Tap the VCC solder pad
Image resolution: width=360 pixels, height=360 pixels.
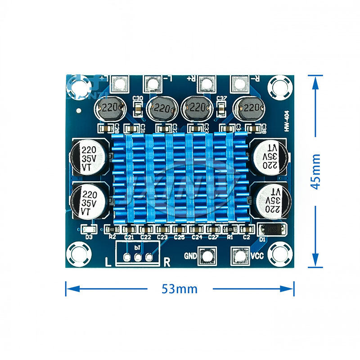point(239,256)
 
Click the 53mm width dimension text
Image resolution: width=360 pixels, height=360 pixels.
point(180,289)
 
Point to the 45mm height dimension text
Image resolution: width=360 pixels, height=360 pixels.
point(316,171)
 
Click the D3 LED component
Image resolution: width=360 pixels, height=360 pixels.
point(89,229)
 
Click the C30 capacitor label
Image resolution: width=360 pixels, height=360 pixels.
point(139,99)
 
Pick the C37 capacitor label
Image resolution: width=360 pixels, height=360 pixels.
point(221,99)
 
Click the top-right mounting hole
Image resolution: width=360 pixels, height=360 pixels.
point(277,85)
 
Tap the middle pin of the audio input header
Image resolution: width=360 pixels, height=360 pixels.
point(138,257)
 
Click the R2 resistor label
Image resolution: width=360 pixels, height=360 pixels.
point(112,236)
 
